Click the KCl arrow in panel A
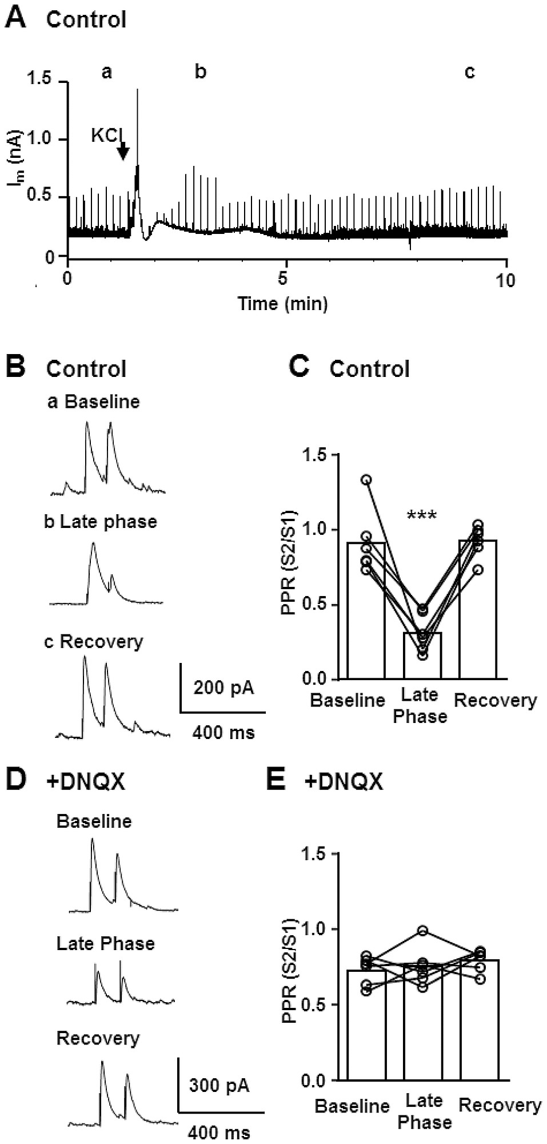[123, 152]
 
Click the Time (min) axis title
[282, 303]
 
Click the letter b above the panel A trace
[200, 72]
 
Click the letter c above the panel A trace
[469, 72]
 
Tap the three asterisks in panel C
[421, 516]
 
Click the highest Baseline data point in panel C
[366, 479]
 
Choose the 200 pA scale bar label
[223, 687]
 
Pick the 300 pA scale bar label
[219, 1085]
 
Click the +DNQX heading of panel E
[343, 782]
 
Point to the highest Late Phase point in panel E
[422, 931]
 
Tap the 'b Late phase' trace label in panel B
[101, 522]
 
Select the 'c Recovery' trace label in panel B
[94, 642]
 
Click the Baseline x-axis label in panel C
[348, 700]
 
